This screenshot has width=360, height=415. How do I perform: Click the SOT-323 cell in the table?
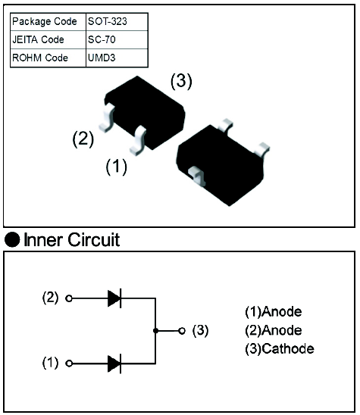tap(117, 22)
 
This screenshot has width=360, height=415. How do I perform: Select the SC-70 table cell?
tap(117, 39)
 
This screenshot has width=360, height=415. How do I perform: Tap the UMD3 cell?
tap(117, 58)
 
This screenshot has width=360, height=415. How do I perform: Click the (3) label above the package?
tap(181, 81)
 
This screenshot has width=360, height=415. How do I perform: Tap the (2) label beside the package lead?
tap(83, 139)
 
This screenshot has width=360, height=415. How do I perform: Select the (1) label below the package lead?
tap(116, 167)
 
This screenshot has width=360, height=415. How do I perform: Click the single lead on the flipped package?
tap(197, 176)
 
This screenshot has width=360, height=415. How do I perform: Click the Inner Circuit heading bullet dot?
tap(12, 239)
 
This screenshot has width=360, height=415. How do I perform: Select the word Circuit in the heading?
tap(94, 240)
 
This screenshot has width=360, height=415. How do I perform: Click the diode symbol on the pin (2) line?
tap(114, 298)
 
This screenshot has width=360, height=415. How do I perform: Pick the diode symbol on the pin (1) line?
tap(114, 364)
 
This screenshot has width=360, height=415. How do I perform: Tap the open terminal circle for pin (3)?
tap(182, 331)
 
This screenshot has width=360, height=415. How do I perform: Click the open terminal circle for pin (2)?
tap(69, 298)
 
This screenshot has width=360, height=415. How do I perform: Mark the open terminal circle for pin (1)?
tap(69, 364)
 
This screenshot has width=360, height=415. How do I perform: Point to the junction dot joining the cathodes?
tap(156, 331)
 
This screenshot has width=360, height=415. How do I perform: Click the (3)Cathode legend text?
tap(280, 348)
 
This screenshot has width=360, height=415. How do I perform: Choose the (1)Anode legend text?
tap(274, 311)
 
